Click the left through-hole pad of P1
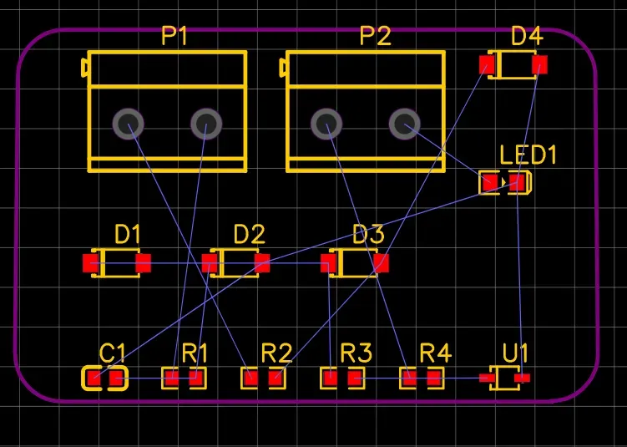click(x=128, y=124)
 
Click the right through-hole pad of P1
click(x=206, y=124)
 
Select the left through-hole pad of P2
click(x=326, y=124)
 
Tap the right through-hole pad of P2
click(x=405, y=124)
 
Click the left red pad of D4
click(x=487, y=64)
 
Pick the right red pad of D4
click(x=539, y=64)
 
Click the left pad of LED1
click(x=490, y=183)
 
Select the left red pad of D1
click(x=90, y=263)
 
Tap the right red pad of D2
click(x=262, y=263)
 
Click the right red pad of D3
click(x=381, y=263)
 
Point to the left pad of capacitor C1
click(x=94, y=378)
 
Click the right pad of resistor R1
click(x=195, y=378)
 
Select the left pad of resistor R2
click(x=251, y=378)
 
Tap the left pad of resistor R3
click(x=331, y=378)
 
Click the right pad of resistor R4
click(x=434, y=378)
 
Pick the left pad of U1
click(x=487, y=378)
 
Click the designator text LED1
click(x=528, y=155)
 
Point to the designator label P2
click(x=375, y=36)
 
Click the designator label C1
click(x=113, y=353)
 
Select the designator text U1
click(x=515, y=353)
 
